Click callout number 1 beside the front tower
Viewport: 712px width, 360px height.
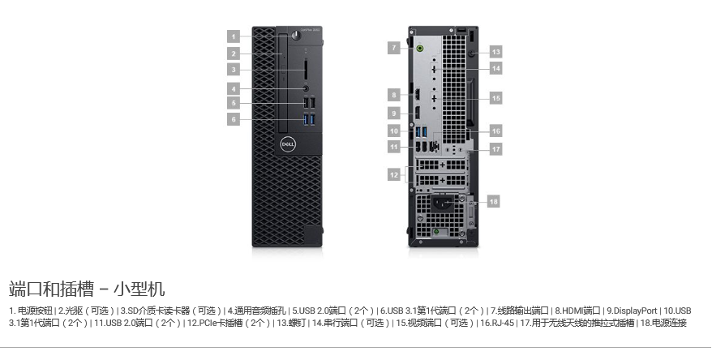coord(234,36)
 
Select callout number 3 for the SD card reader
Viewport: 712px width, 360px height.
coord(234,70)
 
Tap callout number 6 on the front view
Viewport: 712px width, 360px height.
coord(234,119)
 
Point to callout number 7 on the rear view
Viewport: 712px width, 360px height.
coord(394,48)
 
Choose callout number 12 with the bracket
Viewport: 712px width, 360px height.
coord(394,174)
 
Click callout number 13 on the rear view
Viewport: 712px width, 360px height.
coord(495,51)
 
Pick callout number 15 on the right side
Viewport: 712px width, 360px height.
coord(495,98)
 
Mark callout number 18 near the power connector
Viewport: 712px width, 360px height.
coord(493,200)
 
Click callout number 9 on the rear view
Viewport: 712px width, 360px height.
coord(394,112)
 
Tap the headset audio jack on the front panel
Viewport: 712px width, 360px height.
coord(307,88)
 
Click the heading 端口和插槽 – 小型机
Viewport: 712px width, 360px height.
coord(88,288)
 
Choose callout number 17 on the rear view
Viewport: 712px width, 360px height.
coord(495,148)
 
